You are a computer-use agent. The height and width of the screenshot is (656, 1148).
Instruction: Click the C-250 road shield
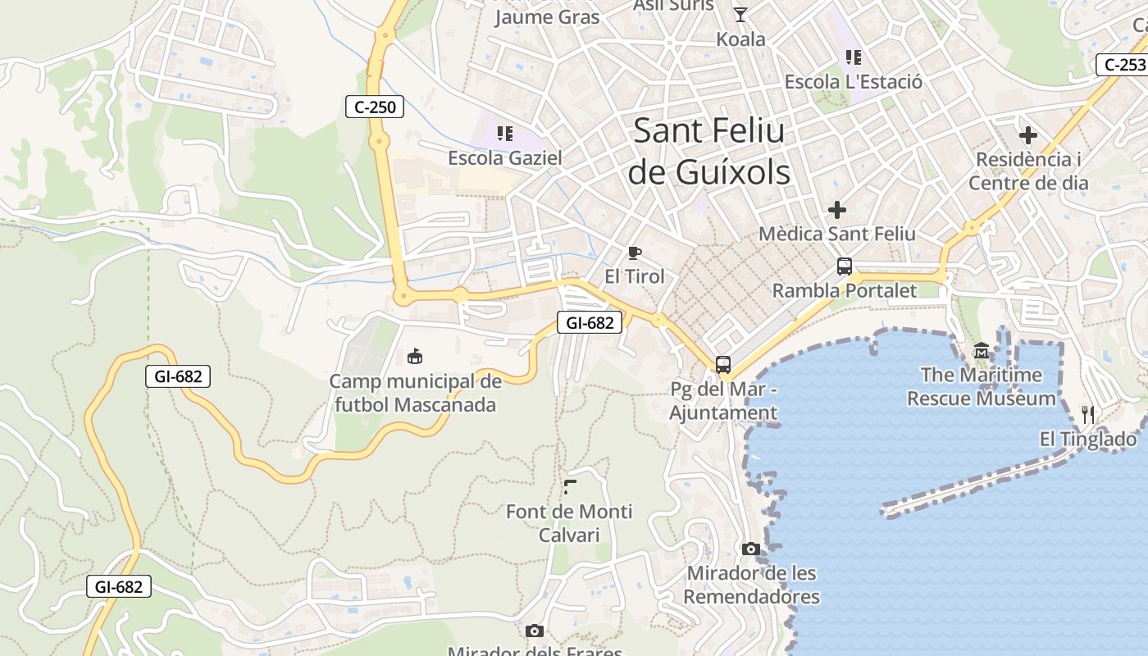coord(375,107)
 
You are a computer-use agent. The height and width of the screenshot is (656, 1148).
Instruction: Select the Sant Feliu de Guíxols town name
coord(709,152)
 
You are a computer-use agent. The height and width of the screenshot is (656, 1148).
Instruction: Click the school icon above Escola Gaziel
coord(504,133)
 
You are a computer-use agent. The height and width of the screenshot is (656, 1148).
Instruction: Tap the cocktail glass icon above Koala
coord(740,14)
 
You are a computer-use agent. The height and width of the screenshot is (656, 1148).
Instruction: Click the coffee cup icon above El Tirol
coord(634,253)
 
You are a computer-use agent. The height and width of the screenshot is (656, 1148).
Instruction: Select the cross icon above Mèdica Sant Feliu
coord(836,210)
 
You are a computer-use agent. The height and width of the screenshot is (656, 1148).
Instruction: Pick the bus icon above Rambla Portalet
coord(844,266)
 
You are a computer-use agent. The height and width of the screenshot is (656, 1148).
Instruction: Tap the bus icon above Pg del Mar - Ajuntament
coord(722,365)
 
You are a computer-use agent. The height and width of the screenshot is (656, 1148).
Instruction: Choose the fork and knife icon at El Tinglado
coord(1088,415)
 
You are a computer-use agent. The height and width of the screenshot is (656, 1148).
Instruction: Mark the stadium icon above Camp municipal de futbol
coord(415,357)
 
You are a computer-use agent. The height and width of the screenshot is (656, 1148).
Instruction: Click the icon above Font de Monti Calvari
coord(570,487)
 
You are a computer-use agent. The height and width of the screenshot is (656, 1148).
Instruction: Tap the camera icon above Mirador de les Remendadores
coord(750,549)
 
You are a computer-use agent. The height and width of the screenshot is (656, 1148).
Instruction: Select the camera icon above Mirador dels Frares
coord(534,631)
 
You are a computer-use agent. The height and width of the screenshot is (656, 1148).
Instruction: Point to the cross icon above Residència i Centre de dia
coord(1027,135)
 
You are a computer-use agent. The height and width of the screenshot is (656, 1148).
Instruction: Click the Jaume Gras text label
coord(547,16)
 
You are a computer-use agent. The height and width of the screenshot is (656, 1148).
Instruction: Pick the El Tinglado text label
coord(1088,440)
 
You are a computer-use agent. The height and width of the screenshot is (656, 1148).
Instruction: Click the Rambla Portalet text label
coord(845,290)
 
